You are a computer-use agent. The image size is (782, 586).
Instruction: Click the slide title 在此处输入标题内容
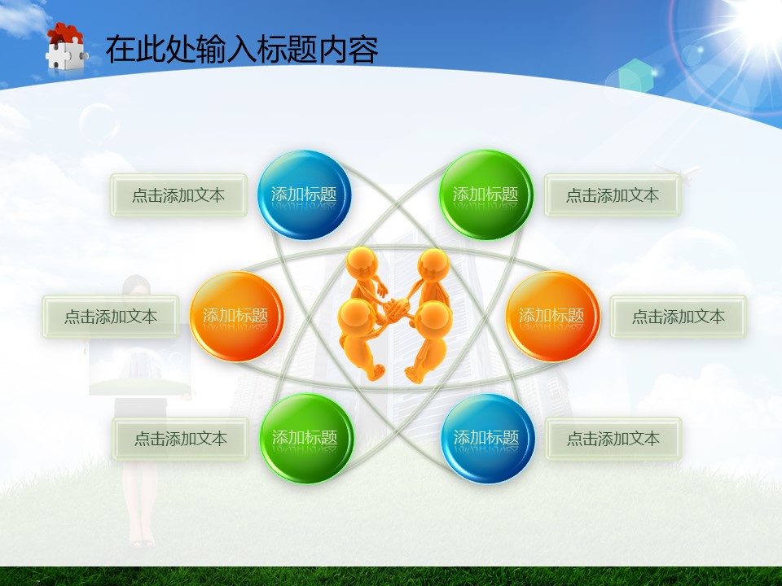(242, 49)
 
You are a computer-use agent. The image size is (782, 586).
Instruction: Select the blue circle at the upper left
(304, 195)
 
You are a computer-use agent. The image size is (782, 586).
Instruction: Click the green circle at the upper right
(485, 195)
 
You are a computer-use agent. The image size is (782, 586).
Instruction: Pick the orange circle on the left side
(236, 317)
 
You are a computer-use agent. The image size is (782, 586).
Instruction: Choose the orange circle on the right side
(552, 317)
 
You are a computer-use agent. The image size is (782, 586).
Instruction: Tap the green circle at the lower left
(306, 439)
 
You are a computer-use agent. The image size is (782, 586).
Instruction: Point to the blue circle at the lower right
(488, 439)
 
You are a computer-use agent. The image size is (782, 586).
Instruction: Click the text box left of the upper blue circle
(178, 195)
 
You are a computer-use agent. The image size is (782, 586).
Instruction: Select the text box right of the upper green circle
(613, 195)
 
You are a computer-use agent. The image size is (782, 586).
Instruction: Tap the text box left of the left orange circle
(111, 317)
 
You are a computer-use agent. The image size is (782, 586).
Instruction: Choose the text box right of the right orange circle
(679, 317)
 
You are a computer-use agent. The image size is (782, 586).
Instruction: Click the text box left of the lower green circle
(181, 439)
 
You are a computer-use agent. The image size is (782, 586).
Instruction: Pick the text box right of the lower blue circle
(613, 439)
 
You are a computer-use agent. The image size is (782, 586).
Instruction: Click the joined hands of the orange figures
(397, 308)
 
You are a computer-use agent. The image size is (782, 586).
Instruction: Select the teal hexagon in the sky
(635, 76)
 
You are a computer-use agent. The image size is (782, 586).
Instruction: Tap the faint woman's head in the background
(136, 288)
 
